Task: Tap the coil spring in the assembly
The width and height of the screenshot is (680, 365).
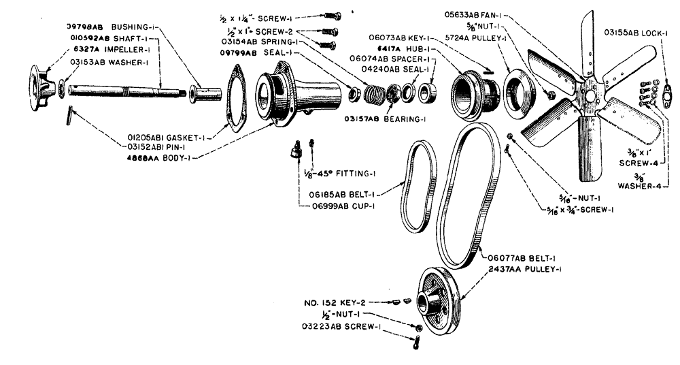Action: [x=373, y=93]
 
